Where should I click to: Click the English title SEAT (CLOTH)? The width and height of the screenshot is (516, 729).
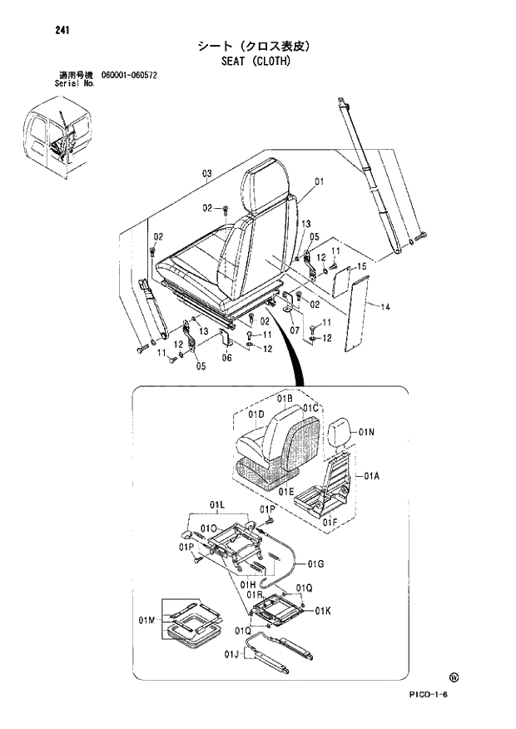coord(256,61)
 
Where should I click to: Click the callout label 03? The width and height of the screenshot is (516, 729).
coord(206,173)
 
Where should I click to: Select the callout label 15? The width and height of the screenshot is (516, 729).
coord(362,266)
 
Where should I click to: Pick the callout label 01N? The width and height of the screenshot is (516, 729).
coord(367,432)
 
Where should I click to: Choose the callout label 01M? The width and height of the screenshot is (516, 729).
coord(147,620)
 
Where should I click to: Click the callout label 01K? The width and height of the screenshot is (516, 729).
coord(322,612)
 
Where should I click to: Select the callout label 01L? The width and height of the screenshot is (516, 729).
coord(218,504)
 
